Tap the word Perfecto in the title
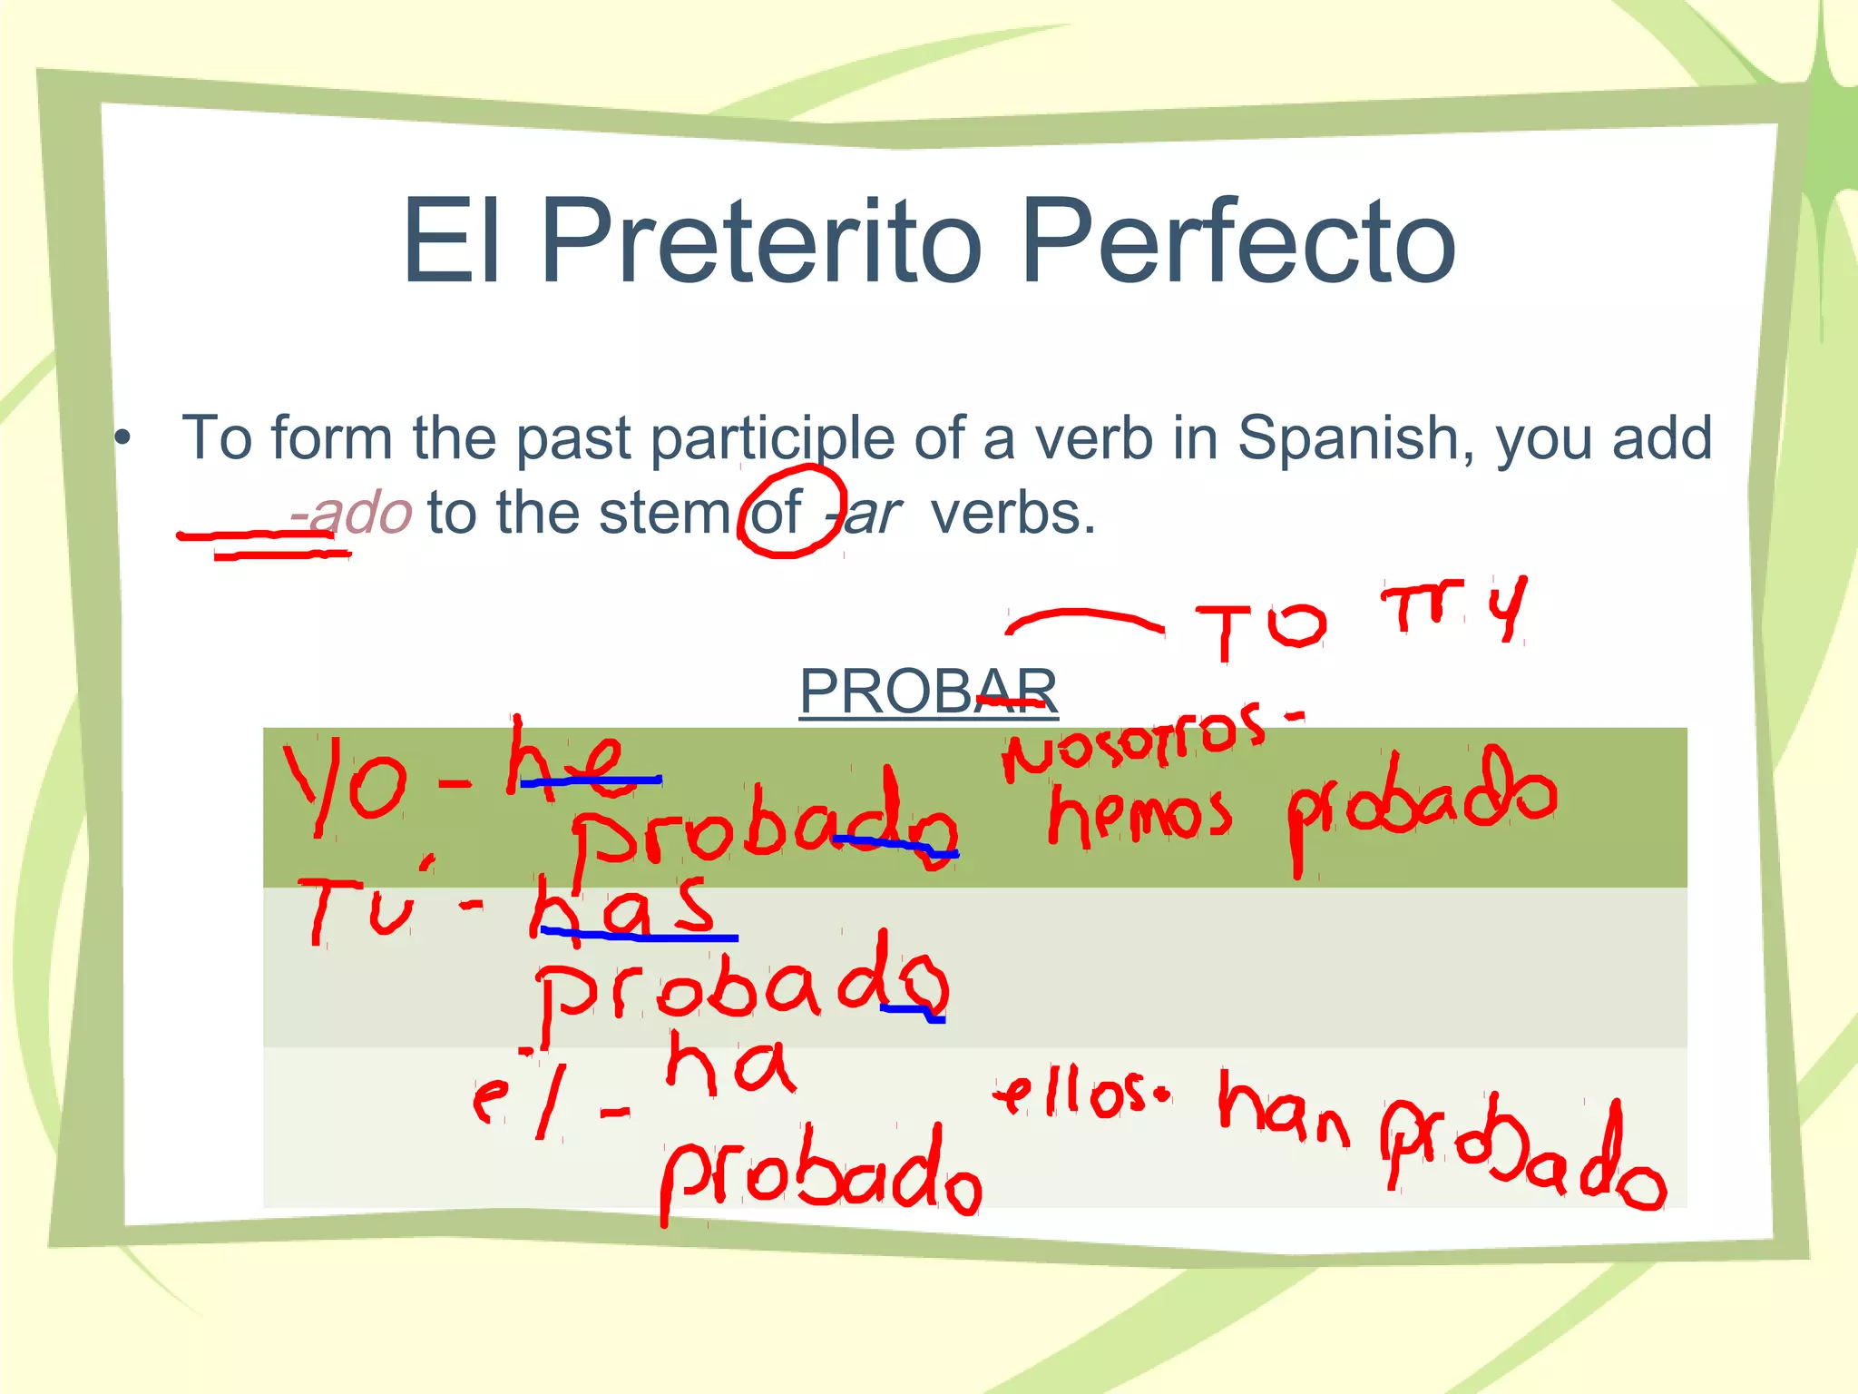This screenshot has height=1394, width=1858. [1237, 241]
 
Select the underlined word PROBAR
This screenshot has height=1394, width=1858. [927, 692]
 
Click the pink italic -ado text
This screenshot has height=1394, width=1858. [352, 514]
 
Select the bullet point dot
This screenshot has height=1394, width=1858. [123, 439]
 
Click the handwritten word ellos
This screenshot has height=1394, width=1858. [1074, 1095]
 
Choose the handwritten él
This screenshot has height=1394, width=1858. [521, 1095]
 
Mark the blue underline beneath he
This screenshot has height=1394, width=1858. [590, 780]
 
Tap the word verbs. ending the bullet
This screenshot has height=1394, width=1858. [1012, 514]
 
